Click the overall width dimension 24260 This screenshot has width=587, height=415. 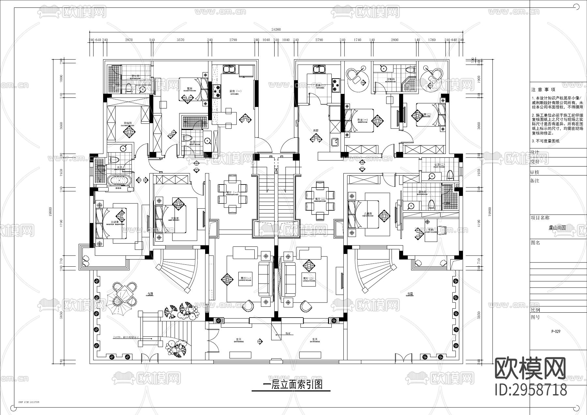pos(276,29)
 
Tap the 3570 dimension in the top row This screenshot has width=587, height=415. pos(180,40)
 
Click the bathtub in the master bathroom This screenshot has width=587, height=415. pos(120,180)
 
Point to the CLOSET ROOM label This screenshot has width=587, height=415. pos(127,124)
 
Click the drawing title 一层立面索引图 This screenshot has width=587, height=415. pos(292,385)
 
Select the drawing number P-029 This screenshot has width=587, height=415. pos(556,331)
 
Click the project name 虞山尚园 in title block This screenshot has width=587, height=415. pos(557,228)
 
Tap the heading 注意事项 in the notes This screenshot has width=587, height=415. pos(543,89)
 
